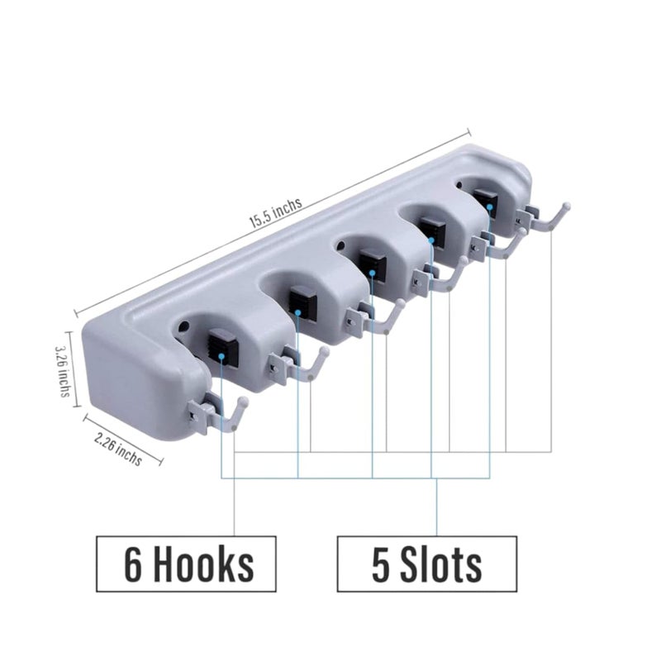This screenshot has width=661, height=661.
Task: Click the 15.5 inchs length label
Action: point(276,213)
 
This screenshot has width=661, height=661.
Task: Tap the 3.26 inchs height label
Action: point(64,372)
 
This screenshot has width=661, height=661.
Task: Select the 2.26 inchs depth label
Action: point(118,449)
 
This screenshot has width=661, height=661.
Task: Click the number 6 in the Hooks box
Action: point(133,564)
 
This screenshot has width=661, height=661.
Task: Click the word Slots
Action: point(441,564)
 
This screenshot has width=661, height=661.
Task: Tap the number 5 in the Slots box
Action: point(381,564)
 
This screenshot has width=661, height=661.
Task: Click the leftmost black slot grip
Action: point(223,346)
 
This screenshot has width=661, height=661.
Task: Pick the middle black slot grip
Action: point(373,264)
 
